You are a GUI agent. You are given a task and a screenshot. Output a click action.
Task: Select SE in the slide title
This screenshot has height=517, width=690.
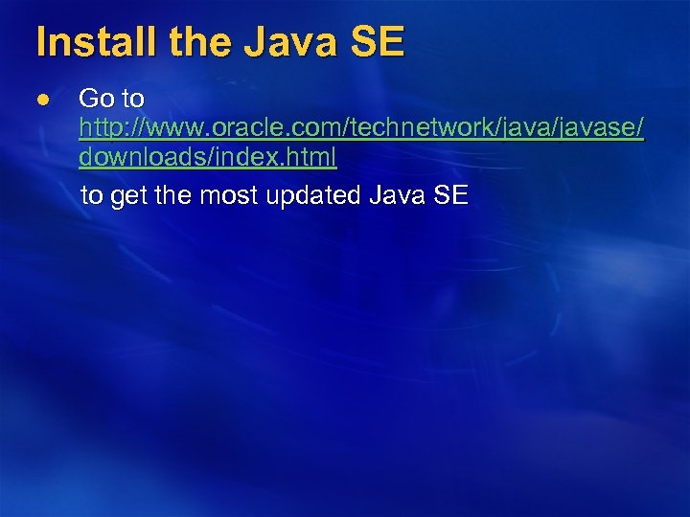click(378, 42)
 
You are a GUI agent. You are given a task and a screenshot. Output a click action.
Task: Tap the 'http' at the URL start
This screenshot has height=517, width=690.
click(99, 127)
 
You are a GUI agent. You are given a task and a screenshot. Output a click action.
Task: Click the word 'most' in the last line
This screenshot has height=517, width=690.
click(233, 197)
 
